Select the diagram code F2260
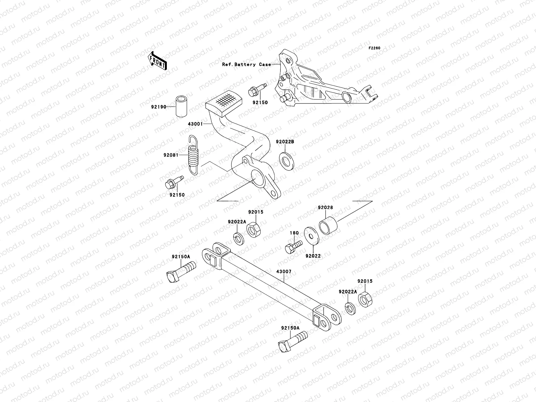click(375, 48)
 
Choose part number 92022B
click(285, 142)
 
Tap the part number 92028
click(326, 208)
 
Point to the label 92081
click(171, 155)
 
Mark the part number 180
click(294, 233)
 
